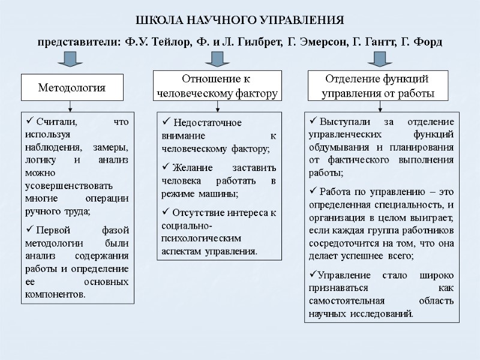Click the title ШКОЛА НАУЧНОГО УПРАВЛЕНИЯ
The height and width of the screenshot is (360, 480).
tap(239, 20)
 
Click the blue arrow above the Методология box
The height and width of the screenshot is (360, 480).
tap(71, 59)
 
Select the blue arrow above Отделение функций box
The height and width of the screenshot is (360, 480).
tap(379, 59)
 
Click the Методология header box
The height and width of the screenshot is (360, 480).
tap(71, 88)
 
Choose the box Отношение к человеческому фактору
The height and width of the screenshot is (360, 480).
tap(217, 86)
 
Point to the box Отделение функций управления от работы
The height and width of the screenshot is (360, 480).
tap(378, 86)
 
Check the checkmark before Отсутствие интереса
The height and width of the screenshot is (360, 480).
tap(166, 212)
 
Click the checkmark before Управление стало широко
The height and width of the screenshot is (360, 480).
tap(310, 275)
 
